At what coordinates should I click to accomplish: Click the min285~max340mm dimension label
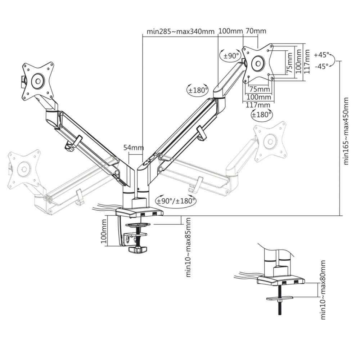pos(180,31)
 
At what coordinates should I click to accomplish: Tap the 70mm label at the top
pos(256,31)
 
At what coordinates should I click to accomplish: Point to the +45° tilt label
pos(321,55)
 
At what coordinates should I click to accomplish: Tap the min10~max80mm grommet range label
pos(323,290)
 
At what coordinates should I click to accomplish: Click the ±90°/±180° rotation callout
pos(176,201)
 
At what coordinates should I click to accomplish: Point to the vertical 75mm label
pos(289,63)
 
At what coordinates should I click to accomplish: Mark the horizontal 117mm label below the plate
pos(258,105)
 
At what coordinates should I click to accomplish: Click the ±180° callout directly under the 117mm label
pos(261,114)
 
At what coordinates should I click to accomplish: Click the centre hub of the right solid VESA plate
pos(258,63)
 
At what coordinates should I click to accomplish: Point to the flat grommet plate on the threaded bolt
pos(280,298)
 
